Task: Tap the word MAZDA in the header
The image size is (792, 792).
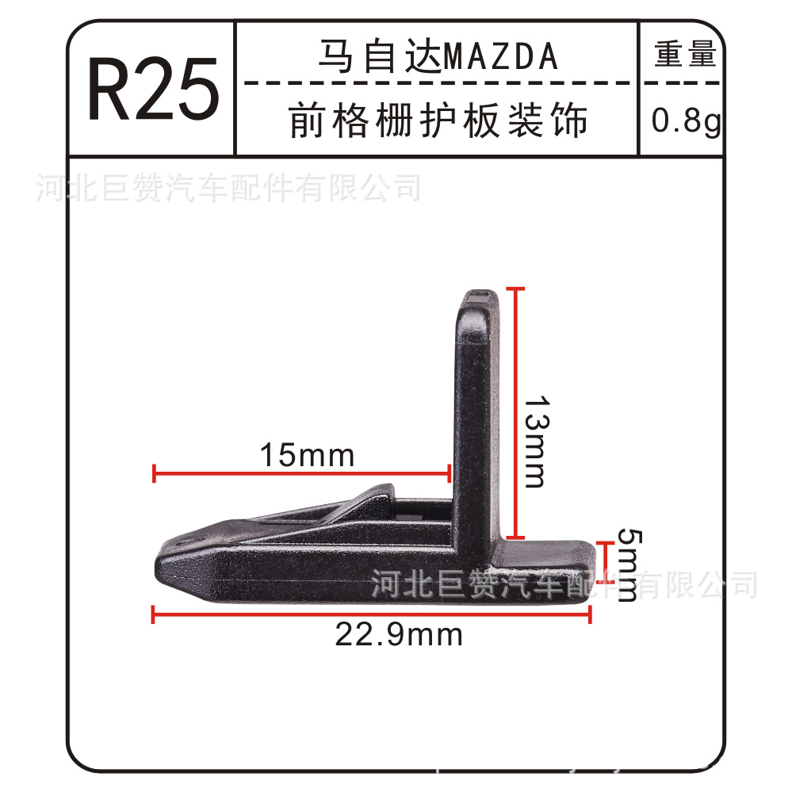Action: (x=500, y=57)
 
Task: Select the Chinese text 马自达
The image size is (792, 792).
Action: (x=379, y=57)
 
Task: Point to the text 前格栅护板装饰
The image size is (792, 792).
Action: (x=438, y=121)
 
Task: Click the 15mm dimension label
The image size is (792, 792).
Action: (x=307, y=456)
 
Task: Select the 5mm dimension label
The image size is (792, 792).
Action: (x=626, y=564)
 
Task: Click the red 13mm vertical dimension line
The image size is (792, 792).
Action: (x=516, y=412)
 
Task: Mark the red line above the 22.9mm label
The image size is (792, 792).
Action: (x=371, y=613)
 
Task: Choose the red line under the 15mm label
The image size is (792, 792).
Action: (x=301, y=475)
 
